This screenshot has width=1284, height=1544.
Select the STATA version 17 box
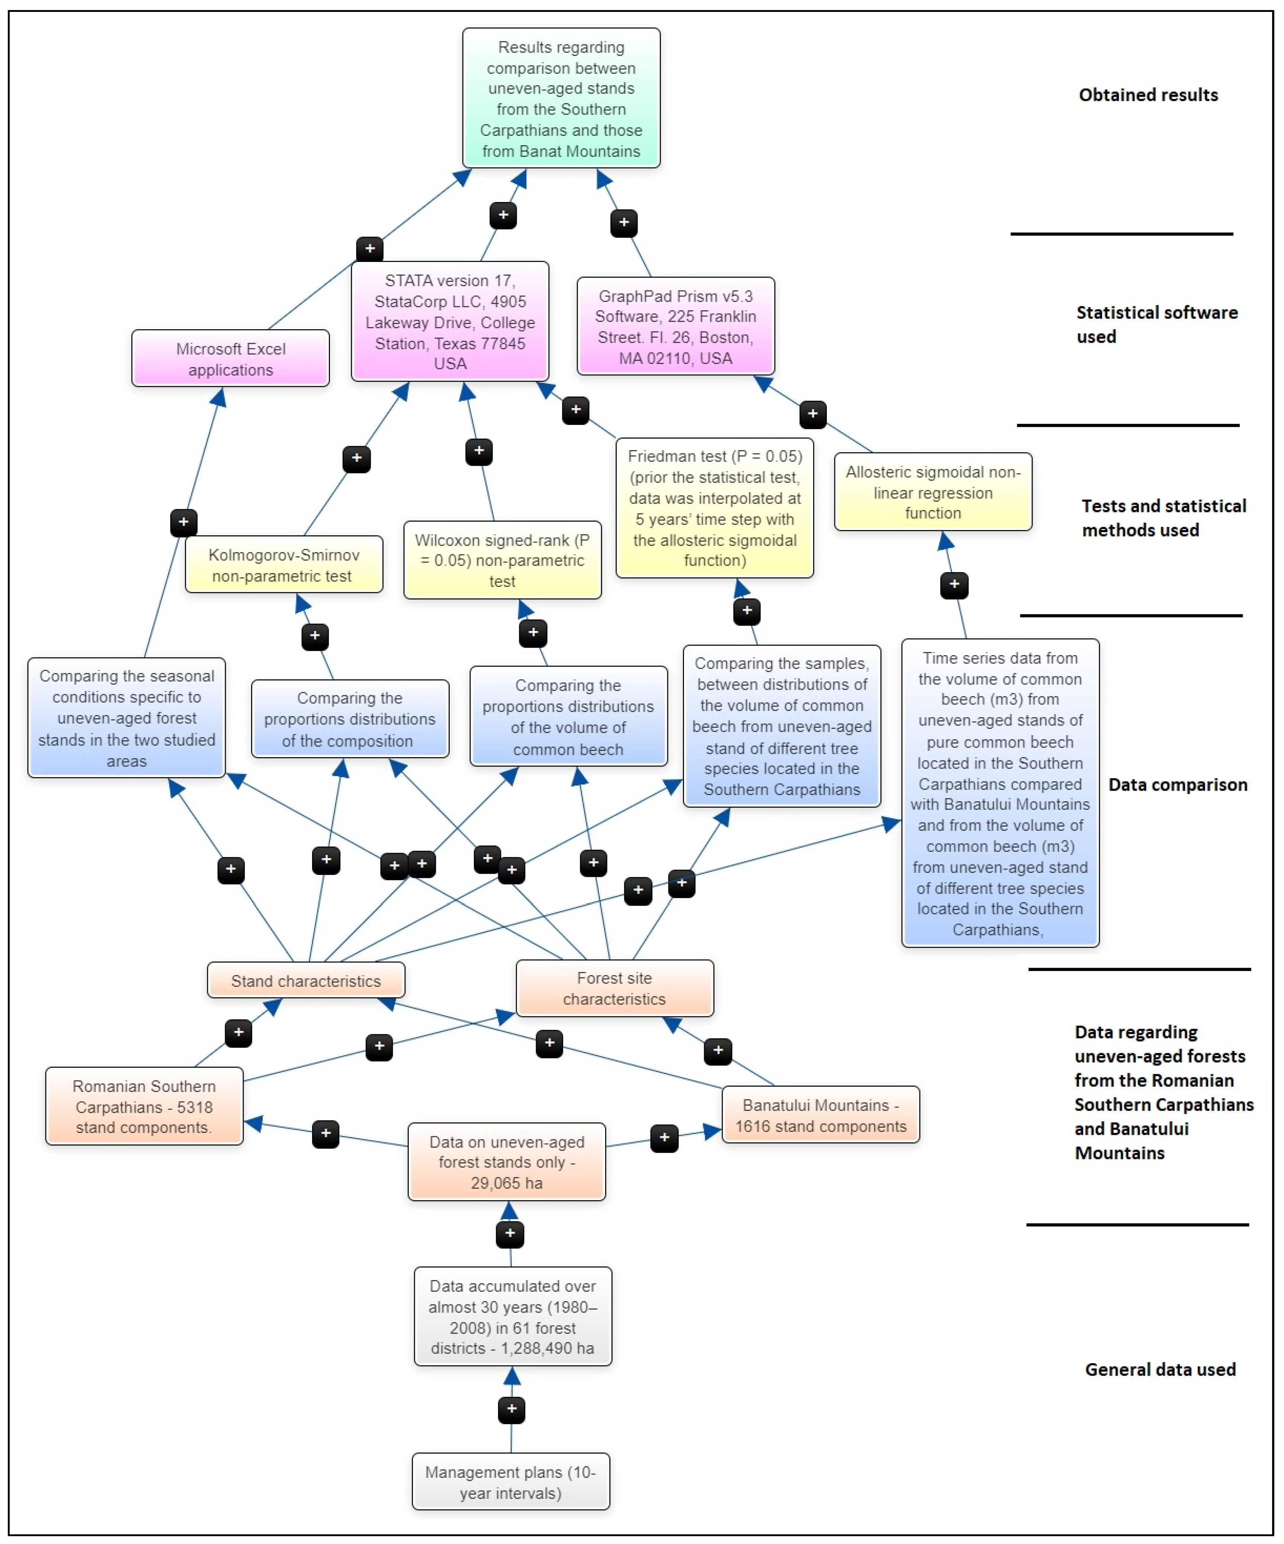click(x=450, y=321)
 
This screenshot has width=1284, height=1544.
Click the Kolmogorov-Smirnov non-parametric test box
click(x=284, y=565)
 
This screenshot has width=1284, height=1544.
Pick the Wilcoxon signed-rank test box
click(x=502, y=560)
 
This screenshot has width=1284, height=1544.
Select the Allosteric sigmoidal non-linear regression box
click(x=932, y=492)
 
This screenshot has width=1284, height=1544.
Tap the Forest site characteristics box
click(x=614, y=988)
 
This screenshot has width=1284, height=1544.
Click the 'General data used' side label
click(x=1160, y=1369)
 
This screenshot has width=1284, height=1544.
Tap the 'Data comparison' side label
click(x=1177, y=785)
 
